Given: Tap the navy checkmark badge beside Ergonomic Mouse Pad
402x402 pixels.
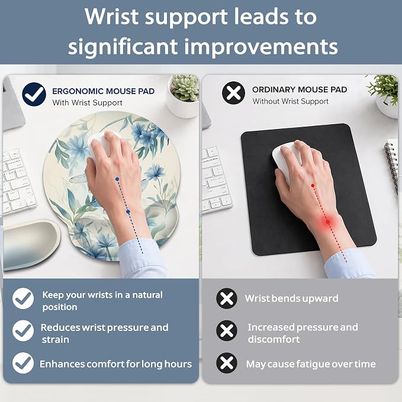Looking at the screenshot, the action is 34,94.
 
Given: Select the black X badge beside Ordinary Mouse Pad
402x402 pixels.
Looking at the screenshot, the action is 233,92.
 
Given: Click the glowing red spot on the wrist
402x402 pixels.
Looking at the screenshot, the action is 327,222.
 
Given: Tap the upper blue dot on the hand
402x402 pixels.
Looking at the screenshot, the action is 117,179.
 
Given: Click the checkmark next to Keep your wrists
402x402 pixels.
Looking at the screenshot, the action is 23,298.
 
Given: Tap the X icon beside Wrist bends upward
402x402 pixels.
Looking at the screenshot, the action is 227,298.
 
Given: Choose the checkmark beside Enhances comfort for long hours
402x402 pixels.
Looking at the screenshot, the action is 23,363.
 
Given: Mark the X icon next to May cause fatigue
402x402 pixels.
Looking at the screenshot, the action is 227,363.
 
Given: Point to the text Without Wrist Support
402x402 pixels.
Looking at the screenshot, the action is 290,101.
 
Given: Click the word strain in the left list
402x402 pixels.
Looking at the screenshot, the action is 56,339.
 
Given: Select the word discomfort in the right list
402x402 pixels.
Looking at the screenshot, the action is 274,339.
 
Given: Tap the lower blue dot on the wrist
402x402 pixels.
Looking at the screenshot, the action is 128,212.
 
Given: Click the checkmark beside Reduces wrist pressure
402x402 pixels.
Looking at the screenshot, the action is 23,330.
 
